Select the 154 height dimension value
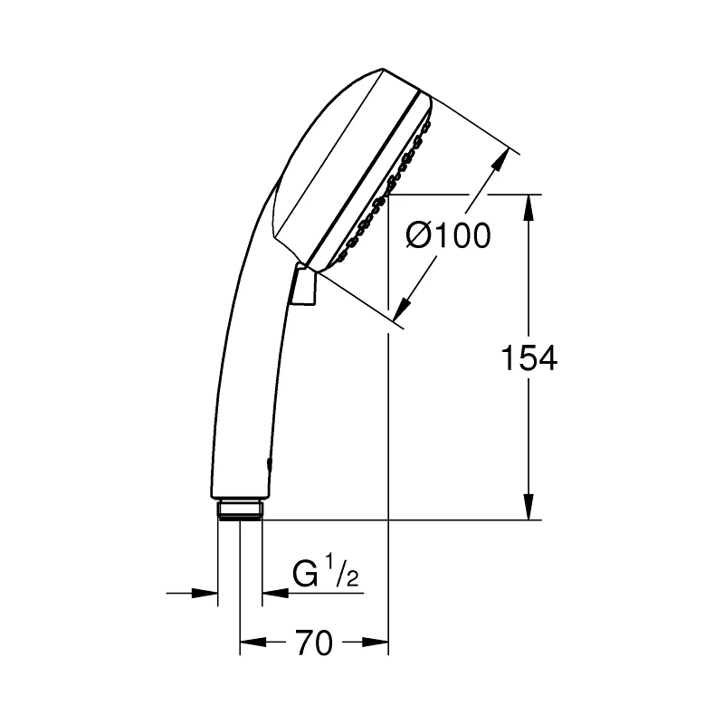pyautogui.click(x=529, y=358)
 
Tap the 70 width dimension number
pyautogui.click(x=312, y=643)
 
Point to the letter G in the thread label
pyautogui.click(x=304, y=576)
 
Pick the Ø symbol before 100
pyautogui.click(x=417, y=237)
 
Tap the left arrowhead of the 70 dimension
pyautogui.click(x=251, y=643)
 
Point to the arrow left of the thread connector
pyautogui.click(x=206, y=594)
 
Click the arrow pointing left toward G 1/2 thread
pyautogui.click(x=272, y=594)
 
